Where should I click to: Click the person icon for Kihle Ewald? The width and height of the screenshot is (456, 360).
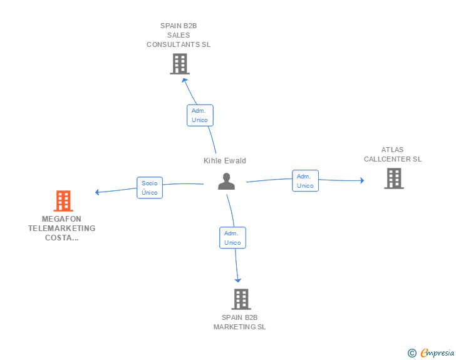click(x=226, y=181)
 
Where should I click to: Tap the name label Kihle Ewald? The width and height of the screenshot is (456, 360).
click(x=225, y=161)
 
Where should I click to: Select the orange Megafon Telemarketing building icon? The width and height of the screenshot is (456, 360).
click(x=63, y=201)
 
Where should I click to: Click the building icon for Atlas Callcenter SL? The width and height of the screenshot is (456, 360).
click(x=393, y=178)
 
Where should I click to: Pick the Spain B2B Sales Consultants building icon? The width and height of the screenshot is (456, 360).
click(x=179, y=64)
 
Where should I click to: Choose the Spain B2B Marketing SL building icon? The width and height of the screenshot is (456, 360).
click(x=241, y=299)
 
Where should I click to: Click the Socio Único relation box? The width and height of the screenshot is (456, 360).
click(x=150, y=188)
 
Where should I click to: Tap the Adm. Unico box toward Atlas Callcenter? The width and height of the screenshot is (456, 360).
click(x=305, y=181)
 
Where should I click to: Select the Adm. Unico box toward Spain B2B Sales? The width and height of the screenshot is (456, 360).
click(x=200, y=115)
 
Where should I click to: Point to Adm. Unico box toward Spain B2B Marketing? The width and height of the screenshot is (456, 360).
click(x=232, y=238)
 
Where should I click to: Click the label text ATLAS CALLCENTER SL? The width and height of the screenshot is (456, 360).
click(x=393, y=155)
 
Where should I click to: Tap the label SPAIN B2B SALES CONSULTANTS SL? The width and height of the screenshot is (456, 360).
click(x=179, y=35)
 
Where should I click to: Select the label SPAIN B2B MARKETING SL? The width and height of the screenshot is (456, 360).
click(x=240, y=322)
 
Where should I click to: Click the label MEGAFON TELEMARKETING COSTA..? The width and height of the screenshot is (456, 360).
click(x=62, y=229)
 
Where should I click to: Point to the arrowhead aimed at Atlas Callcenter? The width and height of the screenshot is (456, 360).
click(x=361, y=181)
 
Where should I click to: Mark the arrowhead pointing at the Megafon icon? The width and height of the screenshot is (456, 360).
click(x=97, y=192)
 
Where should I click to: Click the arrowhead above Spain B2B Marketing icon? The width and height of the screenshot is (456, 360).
click(x=238, y=280)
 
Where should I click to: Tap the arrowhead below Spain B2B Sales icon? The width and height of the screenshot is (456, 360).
click(x=183, y=79)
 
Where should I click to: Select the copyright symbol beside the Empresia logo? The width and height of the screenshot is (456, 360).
click(x=412, y=353)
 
